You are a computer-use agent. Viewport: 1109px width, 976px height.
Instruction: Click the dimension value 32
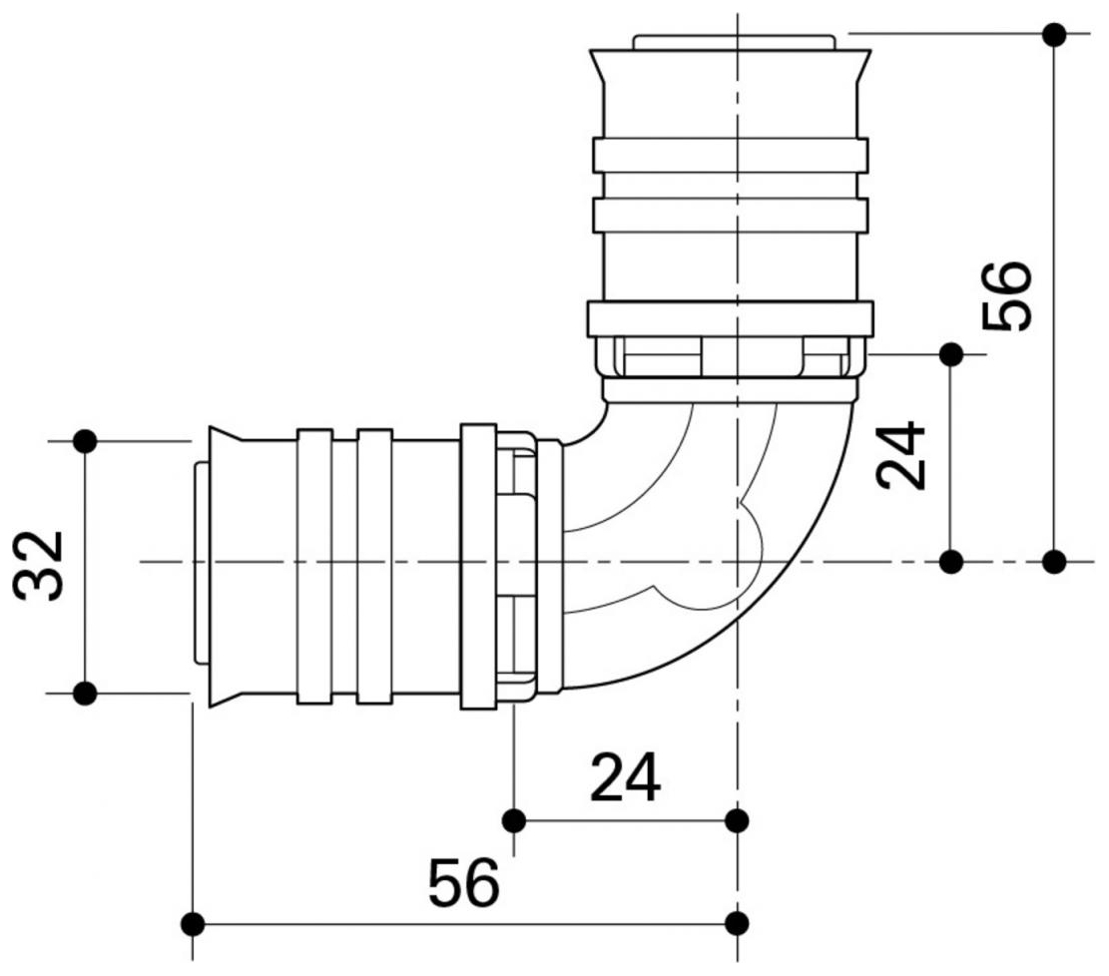42,566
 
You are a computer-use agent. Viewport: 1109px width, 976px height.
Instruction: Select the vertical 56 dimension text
1006,296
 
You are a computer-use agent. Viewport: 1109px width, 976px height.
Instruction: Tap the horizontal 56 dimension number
463,883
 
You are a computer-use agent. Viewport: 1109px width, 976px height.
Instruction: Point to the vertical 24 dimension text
901,457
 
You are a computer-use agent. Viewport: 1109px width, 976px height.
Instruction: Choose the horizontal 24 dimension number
625,777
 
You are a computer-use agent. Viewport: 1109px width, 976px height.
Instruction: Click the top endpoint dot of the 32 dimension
86,440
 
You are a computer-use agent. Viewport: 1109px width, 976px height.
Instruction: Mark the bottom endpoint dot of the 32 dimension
86,692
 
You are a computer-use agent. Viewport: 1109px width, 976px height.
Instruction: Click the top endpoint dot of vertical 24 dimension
951,354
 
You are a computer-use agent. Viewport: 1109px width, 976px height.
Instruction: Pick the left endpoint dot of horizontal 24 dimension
514,820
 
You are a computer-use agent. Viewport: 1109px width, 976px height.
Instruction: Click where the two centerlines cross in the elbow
737,562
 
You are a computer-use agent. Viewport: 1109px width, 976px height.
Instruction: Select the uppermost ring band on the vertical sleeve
730,155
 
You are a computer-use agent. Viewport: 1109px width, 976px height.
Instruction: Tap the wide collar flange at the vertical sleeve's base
730,318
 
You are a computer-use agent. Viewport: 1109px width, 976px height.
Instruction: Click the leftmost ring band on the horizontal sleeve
314,566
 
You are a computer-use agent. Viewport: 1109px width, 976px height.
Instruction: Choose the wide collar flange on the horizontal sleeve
478,566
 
